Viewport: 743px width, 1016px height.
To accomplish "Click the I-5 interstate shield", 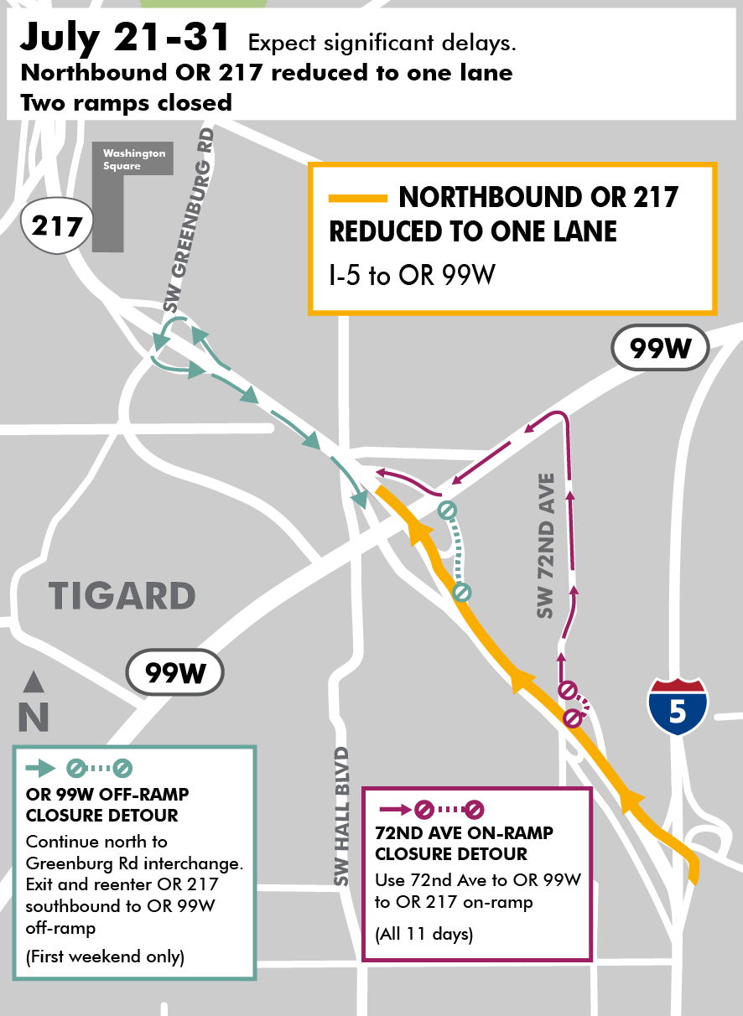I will [x=677, y=707].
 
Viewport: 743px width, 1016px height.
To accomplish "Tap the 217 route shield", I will [x=57, y=225].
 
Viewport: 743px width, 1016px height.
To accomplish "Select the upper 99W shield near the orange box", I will [x=660, y=347].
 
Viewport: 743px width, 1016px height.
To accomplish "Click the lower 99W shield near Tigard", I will [x=175, y=671].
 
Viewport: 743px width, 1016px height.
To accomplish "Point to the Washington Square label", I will [x=134, y=159].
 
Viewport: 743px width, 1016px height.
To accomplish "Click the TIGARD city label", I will [x=122, y=596].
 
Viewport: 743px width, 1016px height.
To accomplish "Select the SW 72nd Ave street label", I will [x=547, y=547].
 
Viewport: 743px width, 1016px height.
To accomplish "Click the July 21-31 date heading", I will [x=126, y=39].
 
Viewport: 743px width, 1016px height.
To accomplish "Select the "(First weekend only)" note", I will [x=105, y=956].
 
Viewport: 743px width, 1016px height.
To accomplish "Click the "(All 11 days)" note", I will [x=423, y=934].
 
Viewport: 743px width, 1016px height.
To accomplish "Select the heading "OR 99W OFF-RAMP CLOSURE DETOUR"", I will [x=107, y=804].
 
